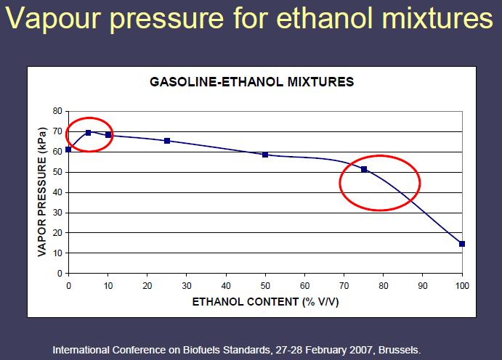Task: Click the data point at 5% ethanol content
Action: [x=89, y=132]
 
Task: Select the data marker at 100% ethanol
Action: [x=462, y=244]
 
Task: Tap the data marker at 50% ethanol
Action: [x=265, y=155]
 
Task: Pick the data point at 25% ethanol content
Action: [x=167, y=141]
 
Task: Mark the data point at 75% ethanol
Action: [x=364, y=169]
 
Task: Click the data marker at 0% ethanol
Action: [x=68, y=150]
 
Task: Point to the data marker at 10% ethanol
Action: [x=108, y=134]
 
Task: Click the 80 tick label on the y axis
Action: [x=57, y=111]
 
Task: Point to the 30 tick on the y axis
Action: [x=57, y=213]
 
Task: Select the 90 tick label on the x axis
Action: [x=423, y=285]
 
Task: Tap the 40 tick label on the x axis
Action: [x=226, y=285]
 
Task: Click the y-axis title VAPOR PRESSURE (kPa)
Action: [x=42, y=192]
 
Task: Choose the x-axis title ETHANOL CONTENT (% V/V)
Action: [x=265, y=302]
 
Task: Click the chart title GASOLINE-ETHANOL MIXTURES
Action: [x=252, y=82]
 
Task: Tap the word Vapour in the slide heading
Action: [x=54, y=19]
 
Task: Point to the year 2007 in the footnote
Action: [x=363, y=350]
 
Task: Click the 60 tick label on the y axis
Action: [x=57, y=152]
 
